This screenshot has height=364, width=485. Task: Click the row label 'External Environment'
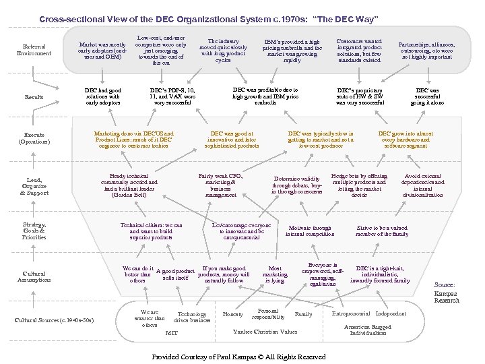34,49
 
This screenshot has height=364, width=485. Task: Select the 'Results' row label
34,97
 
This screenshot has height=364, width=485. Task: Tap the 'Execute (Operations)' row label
34,138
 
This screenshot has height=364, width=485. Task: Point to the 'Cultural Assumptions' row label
34,276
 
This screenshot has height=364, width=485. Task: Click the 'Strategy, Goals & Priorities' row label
34,231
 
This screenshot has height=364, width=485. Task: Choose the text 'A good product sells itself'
175,274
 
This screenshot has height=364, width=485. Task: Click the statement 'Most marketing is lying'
275,275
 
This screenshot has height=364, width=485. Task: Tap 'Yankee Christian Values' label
265,332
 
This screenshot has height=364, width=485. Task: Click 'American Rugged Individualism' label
367,330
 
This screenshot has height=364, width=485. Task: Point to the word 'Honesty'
233,314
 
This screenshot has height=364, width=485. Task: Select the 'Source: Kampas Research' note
447,293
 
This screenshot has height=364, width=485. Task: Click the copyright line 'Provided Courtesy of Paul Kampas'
239,357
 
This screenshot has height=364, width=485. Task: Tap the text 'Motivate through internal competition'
310,231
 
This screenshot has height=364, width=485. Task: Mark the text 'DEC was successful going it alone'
427,96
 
